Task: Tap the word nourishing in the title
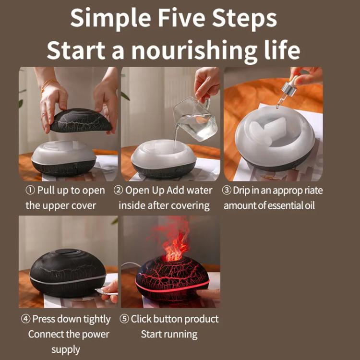click(x=194, y=51)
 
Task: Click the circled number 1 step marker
click(x=30, y=191)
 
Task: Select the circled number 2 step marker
click(x=118, y=191)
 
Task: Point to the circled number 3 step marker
click(x=227, y=191)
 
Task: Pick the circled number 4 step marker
click(x=25, y=319)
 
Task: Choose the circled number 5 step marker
click(x=124, y=319)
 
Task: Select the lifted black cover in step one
click(x=81, y=120)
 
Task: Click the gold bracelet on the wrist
click(x=48, y=84)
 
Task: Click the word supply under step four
click(x=66, y=350)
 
